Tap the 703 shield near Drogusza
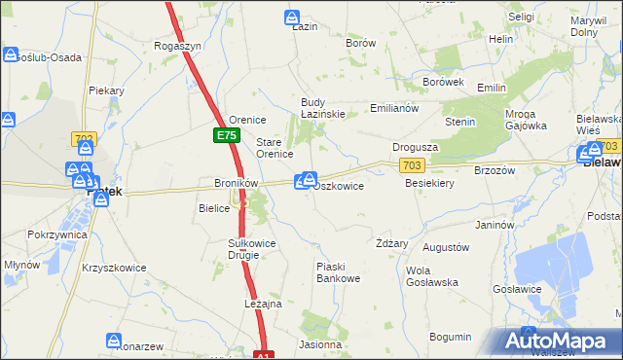[413, 167]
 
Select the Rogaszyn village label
[178, 46]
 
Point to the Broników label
[235, 183]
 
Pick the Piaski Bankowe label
[339, 272]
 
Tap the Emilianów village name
[394, 108]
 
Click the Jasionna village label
[321, 344]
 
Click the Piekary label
[106, 90]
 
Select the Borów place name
[361, 44]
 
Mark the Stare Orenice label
[275, 148]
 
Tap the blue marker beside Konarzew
[114, 342]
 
